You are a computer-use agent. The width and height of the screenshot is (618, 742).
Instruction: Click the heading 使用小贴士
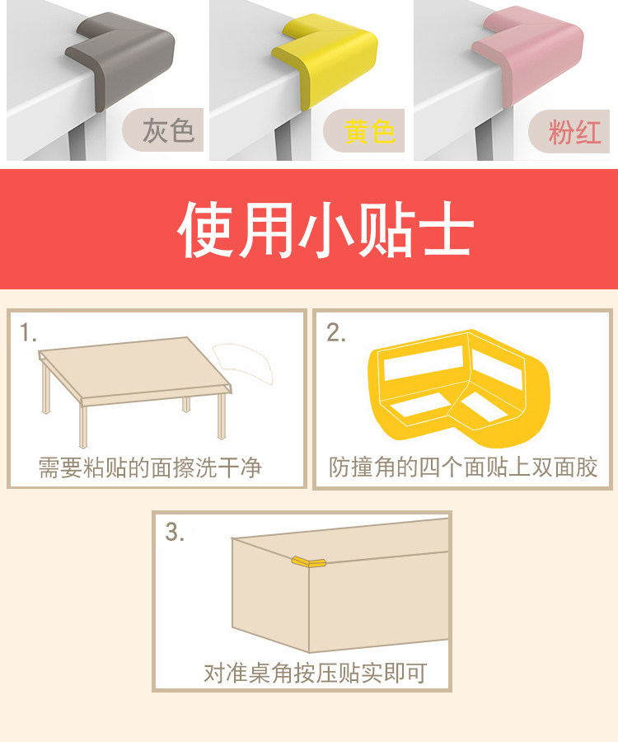(x=325, y=229)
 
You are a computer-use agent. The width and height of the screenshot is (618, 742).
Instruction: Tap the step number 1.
(x=27, y=333)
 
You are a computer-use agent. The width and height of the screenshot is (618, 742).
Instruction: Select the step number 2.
(x=335, y=333)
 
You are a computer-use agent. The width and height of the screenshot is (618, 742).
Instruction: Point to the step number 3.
(x=175, y=532)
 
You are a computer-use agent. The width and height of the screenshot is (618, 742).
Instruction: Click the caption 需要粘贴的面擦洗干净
(x=150, y=467)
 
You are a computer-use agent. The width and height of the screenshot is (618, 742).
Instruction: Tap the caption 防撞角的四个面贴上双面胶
(x=463, y=467)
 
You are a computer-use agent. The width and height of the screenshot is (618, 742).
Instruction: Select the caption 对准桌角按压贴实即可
(x=316, y=673)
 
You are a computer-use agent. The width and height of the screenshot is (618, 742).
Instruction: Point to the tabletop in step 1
(x=135, y=369)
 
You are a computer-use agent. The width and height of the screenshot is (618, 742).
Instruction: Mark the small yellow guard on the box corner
(x=308, y=562)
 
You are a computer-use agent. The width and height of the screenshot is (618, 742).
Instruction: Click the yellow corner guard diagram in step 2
(x=459, y=389)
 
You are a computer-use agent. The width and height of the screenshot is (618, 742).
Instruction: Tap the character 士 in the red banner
(x=447, y=229)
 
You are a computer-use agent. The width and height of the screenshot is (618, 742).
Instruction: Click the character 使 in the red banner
(x=206, y=229)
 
